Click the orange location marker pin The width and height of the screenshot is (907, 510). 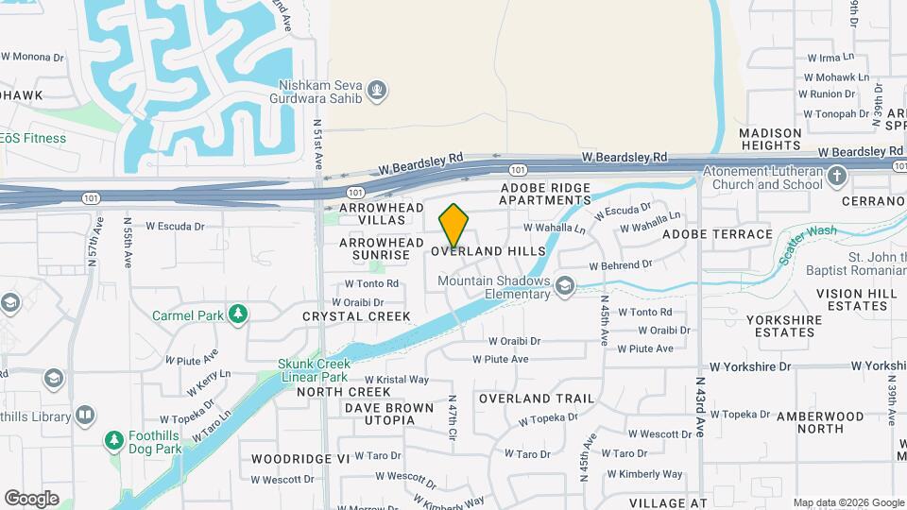(x=454, y=226)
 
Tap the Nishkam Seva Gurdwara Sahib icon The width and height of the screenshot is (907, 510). (x=377, y=90)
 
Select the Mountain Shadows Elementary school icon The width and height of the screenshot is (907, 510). (x=565, y=285)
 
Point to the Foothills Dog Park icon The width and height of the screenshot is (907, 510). (x=114, y=440)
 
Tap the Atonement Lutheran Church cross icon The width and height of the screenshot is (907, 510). (x=836, y=177)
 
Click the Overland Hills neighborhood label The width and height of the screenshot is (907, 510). (x=488, y=251)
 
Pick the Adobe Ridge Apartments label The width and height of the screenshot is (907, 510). (x=545, y=195)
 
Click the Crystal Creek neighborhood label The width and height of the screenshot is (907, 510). (x=356, y=316)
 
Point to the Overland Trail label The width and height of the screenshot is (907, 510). (x=523, y=399)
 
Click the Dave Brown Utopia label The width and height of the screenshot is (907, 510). (x=388, y=415)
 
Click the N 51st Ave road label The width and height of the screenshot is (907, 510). (x=318, y=143)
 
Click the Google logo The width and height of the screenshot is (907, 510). (x=31, y=499)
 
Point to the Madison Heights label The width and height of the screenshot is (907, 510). (x=770, y=139)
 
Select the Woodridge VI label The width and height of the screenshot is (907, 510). (x=300, y=458)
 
